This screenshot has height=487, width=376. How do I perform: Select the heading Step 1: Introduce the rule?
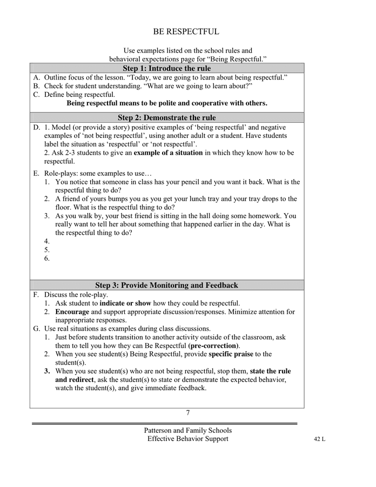pos(166,68)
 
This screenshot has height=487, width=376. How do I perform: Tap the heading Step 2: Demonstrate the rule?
pos(166,117)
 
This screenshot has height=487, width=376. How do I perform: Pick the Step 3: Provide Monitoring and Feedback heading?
pos(166,285)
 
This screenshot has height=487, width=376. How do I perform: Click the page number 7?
pos(188,413)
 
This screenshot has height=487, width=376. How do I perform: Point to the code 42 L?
pos(319,439)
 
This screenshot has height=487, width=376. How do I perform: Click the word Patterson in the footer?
pos(160,431)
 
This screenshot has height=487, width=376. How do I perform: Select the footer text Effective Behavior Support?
pos(188,439)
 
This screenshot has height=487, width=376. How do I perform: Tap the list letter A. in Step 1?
pos(37,77)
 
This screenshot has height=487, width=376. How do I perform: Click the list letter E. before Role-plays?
pos(36,174)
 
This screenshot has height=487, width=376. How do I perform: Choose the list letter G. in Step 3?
pos(37,328)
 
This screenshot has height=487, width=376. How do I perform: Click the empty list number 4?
pos(47,241)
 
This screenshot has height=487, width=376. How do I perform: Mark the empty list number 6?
pos(47,259)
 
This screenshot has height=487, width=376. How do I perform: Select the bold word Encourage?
pos(72,312)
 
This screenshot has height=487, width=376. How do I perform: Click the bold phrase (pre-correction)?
pos(214,345)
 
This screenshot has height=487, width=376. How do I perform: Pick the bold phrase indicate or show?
pos(125,303)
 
